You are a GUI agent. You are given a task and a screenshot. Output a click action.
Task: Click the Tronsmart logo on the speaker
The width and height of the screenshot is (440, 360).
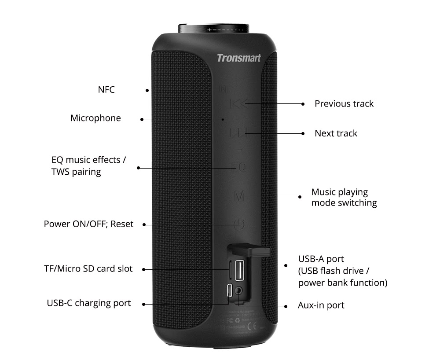[238, 58]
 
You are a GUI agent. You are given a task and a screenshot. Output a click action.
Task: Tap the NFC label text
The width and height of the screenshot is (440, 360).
[106, 90]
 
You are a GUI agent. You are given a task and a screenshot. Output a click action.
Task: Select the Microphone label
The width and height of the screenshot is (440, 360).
[95, 118]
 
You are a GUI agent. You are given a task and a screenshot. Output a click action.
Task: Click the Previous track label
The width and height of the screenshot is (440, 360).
[344, 104]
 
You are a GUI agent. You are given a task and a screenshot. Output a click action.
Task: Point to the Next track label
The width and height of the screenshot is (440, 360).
[336, 133]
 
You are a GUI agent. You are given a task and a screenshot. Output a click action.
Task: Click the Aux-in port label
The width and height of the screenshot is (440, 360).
[321, 305]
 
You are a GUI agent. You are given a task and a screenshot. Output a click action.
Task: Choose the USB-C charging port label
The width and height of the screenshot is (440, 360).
[88, 303]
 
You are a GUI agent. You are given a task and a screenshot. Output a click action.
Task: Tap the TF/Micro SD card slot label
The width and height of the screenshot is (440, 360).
[88, 268]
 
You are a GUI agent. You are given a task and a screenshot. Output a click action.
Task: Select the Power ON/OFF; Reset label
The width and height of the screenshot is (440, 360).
[88, 224]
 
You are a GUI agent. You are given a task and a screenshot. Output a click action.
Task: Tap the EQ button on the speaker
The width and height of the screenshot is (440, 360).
[239, 167]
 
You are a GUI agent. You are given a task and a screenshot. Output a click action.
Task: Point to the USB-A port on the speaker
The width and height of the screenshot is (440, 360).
[238, 269]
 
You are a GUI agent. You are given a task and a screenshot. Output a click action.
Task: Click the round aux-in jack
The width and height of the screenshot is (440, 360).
[239, 291]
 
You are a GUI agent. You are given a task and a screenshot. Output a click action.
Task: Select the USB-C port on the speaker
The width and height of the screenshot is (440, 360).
[229, 291]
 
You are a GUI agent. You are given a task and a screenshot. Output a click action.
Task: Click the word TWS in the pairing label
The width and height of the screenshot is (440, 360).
[61, 172]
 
